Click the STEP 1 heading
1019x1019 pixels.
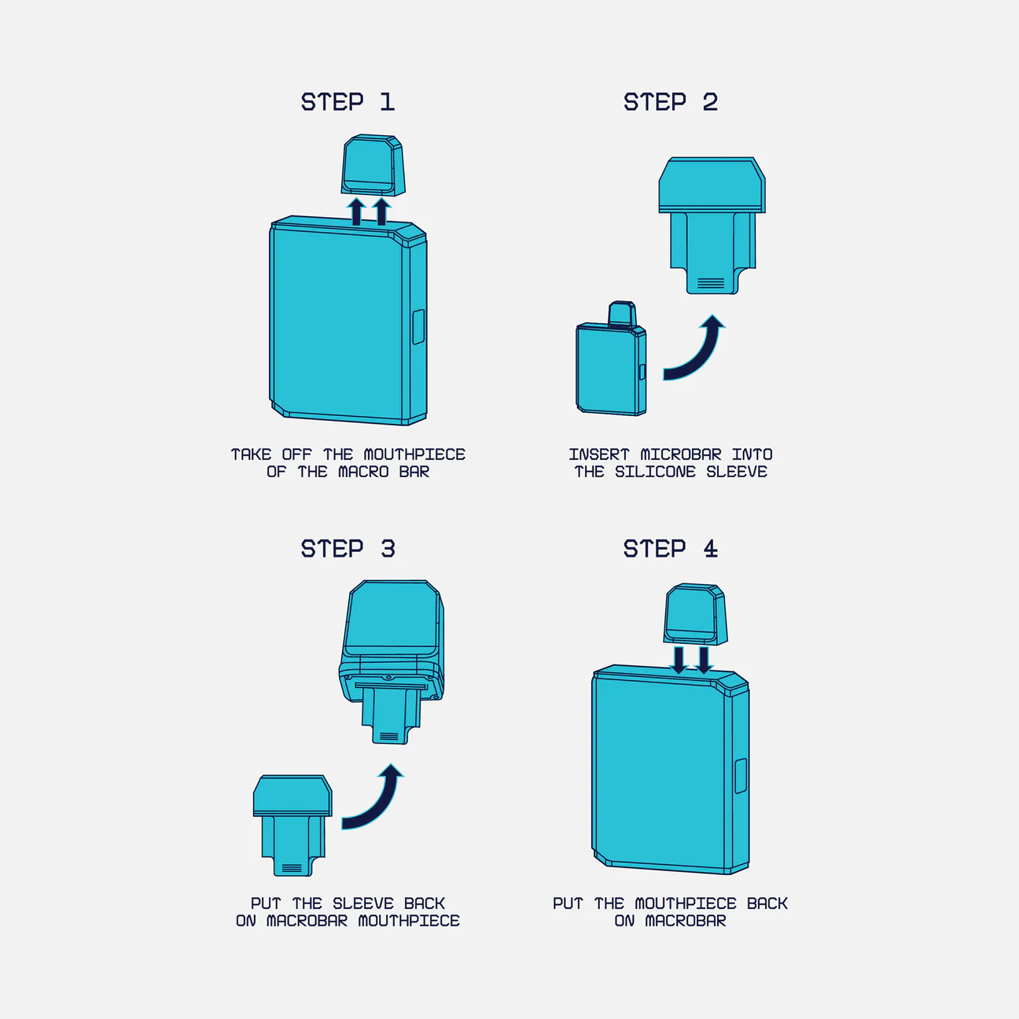[x=348, y=102]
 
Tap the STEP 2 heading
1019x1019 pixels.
[x=671, y=102]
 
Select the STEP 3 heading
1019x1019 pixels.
[x=348, y=549]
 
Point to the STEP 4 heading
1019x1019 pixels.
[x=671, y=549]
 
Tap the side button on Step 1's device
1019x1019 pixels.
[x=418, y=327]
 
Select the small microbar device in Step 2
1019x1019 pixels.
[x=611, y=359]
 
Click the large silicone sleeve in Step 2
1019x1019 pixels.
[x=712, y=226]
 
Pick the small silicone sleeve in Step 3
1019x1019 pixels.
[x=292, y=826]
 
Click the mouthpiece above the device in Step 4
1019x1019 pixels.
[x=695, y=615]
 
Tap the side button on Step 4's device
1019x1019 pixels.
[x=741, y=776]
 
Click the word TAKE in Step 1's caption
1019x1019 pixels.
[x=251, y=454]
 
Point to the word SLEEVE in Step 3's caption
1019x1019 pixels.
[x=363, y=903]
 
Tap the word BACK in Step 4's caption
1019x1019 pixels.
[x=767, y=903]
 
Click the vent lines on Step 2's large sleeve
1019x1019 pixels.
[x=711, y=283]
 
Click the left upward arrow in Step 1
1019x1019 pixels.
[x=357, y=212]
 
